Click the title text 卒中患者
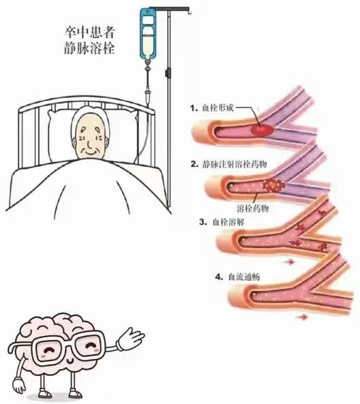[x=89, y=33]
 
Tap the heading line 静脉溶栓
[x=89, y=48]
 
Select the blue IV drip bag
[x=147, y=33]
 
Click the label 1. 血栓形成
[x=212, y=108]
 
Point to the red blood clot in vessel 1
[x=262, y=129]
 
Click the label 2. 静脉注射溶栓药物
[x=228, y=164]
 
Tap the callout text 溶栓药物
[x=253, y=208]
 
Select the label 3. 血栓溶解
[x=222, y=222]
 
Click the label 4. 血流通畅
[x=237, y=277]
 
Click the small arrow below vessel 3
[x=289, y=262]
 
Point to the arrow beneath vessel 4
[x=302, y=317]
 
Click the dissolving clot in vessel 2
[x=273, y=185]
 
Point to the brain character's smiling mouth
[x=70, y=360]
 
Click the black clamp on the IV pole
[x=168, y=72]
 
